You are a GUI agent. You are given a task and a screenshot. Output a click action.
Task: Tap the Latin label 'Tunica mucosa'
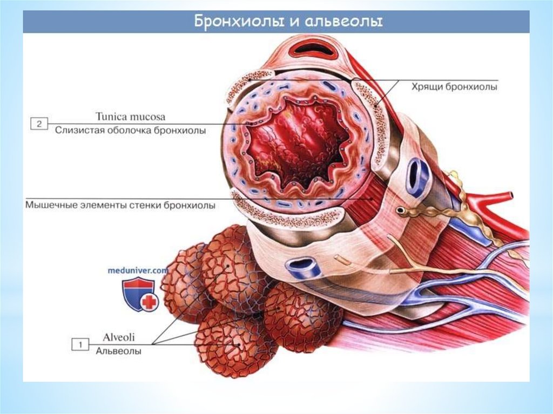coord(130,117)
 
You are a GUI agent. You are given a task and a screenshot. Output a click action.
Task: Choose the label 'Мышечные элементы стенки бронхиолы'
coord(120,205)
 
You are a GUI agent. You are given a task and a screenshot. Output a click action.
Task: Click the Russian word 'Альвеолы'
coord(119,351)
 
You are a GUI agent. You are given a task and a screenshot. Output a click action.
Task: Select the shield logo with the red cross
coord(138,294)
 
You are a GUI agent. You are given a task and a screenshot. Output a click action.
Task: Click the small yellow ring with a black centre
coord(401,210)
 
